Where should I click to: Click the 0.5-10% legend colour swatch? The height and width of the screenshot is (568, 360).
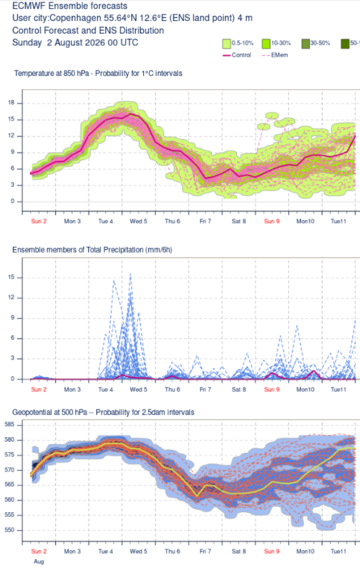(227, 44)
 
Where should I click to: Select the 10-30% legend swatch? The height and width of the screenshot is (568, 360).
(266, 44)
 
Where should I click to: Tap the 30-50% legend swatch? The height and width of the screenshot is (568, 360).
(306, 44)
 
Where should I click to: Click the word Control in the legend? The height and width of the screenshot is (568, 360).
(241, 55)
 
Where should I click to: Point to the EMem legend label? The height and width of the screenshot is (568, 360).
(280, 55)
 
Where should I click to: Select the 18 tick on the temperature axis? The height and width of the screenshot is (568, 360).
(11, 103)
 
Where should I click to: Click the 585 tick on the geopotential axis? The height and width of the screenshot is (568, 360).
(10, 424)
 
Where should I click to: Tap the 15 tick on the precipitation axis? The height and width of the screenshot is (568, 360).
(11, 278)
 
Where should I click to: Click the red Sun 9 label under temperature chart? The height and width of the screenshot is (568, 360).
(272, 222)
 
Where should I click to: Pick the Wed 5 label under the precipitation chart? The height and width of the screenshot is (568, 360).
(138, 389)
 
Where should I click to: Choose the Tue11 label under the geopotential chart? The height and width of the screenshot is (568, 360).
(338, 551)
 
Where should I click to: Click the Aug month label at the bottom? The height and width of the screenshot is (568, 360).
(39, 562)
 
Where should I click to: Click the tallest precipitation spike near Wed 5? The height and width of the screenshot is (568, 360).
(130, 273)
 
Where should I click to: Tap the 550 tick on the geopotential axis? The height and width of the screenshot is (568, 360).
(10, 530)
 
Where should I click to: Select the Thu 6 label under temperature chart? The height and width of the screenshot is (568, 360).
(172, 222)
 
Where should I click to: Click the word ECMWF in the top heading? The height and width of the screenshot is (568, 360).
(29, 6)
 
